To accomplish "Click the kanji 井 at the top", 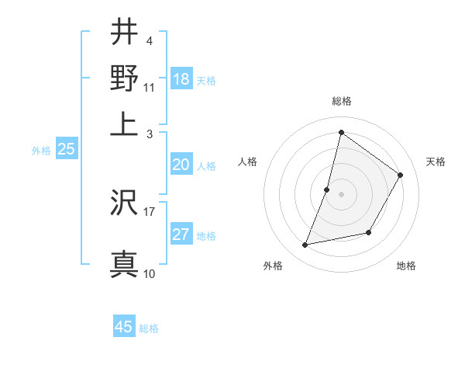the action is pyautogui.click(x=125, y=33).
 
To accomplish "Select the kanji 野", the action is pyautogui.click(x=125, y=78).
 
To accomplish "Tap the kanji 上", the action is pyautogui.click(x=125, y=122).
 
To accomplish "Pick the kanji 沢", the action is pyautogui.click(x=125, y=204).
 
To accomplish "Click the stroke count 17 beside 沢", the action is pyautogui.click(x=150, y=210).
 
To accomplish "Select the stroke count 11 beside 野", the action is pyautogui.click(x=150, y=88).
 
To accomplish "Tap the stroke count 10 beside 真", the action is pyautogui.click(x=150, y=273).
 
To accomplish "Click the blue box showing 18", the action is pyautogui.click(x=181, y=79).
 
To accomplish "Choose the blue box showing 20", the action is pyautogui.click(x=181, y=165).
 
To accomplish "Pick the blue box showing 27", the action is pyautogui.click(x=181, y=235).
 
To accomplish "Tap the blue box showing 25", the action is pyautogui.click(x=66, y=150).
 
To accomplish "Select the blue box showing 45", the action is pyautogui.click(x=124, y=327).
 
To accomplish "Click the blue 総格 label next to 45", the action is pyautogui.click(x=149, y=328).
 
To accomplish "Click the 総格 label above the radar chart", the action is pyautogui.click(x=341, y=102).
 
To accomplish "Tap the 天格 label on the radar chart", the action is pyautogui.click(x=436, y=162).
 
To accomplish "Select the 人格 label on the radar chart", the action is pyautogui.click(x=247, y=162).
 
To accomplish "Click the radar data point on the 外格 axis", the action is pyautogui.click(x=305, y=245).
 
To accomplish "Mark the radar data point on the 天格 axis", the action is pyautogui.click(x=401, y=175).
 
